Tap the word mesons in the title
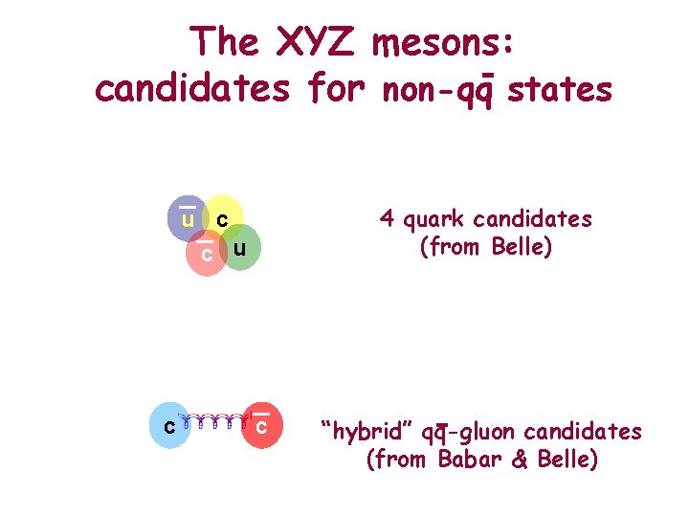[x=446, y=42]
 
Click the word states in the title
[x=560, y=89]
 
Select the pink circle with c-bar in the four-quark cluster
[x=205, y=254]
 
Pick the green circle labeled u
[x=242, y=248]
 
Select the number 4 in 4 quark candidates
[x=387, y=218]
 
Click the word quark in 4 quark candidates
[x=433, y=220]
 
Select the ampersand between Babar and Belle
[x=519, y=460]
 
